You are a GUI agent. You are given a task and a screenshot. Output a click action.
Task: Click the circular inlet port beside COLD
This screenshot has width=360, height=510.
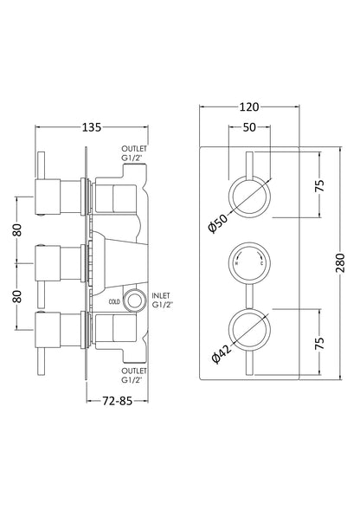[x=132, y=301]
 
